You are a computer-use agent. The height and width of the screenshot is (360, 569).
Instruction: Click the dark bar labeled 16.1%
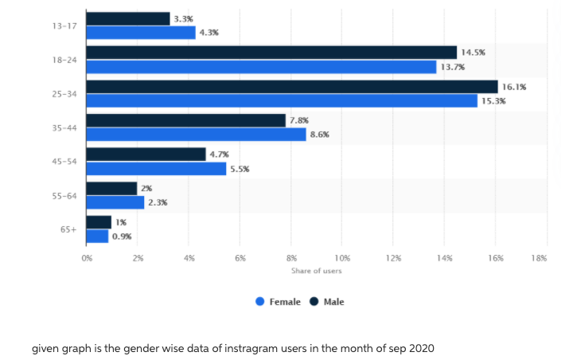[291, 86]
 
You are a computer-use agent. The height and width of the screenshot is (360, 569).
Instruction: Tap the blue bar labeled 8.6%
[196, 135]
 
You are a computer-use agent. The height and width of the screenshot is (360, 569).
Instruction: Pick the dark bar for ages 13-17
[127, 18]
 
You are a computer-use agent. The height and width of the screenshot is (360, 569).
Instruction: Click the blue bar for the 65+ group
[97, 237]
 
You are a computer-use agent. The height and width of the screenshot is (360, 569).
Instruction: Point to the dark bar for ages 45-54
[146, 154]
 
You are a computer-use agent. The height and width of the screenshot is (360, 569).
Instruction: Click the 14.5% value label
[473, 52]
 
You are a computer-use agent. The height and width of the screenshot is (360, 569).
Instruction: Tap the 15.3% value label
[493, 101]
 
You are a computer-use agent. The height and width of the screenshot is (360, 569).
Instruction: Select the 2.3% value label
[158, 202]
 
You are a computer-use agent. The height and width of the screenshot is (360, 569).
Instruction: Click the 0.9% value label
[122, 237]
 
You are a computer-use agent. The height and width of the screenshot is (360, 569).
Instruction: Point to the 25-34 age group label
[64, 94]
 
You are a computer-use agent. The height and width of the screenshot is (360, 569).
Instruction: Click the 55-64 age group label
[64, 195]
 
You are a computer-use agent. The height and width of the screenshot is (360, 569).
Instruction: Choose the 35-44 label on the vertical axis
[64, 127]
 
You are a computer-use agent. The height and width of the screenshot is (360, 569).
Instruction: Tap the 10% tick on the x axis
[342, 258]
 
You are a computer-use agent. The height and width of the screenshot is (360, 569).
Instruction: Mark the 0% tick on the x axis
[87, 258]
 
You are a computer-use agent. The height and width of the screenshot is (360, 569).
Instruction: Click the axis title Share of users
[316, 271]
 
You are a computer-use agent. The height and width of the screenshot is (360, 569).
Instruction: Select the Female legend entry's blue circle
[260, 302]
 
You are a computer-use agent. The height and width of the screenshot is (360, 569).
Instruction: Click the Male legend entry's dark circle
[314, 302]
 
